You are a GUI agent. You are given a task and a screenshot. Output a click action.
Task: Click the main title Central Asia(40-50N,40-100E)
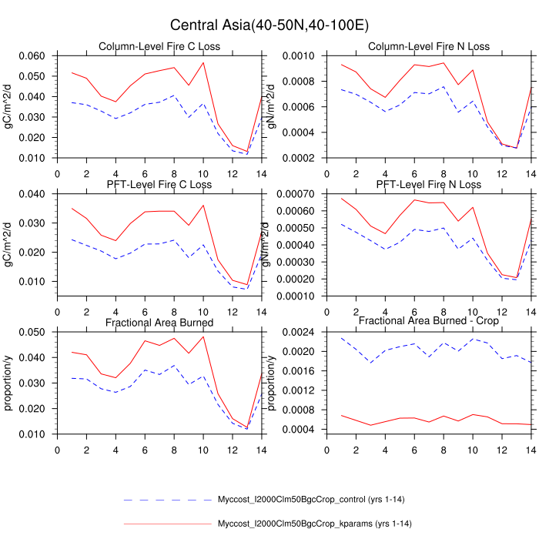tap(269, 25)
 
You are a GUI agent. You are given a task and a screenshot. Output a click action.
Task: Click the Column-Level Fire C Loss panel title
tap(159, 47)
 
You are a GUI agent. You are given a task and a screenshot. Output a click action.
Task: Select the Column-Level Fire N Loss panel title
tap(428, 47)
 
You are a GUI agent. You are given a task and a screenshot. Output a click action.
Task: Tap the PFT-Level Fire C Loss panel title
tap(159, 185)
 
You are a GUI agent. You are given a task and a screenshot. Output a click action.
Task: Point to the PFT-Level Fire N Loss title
tap(428, 185)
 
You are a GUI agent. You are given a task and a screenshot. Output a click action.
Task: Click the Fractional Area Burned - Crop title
tap(428, 321)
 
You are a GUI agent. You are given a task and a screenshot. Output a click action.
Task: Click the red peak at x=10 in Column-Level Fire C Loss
tap(203, 62)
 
